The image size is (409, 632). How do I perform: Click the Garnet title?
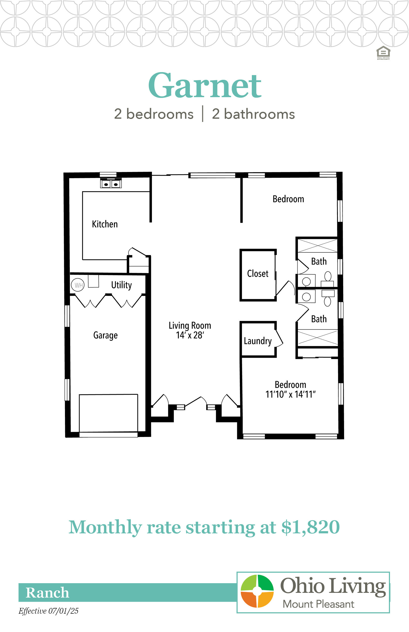(205, 86)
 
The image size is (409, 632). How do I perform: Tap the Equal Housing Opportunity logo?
(383, 53)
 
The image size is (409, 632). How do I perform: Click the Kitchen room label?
(105, 224)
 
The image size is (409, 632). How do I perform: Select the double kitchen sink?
(111, 184)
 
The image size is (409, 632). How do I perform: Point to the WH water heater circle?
(78, 285)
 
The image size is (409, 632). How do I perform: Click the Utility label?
(121, 285)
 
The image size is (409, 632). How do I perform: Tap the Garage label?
(105, 335)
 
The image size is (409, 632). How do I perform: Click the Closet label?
(258, 274)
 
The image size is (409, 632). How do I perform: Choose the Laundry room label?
(258, 341)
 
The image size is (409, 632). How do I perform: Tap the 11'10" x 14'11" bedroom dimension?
(291, 394)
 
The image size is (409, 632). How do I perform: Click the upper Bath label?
(319, 261)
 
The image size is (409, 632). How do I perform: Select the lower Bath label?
(319, 319)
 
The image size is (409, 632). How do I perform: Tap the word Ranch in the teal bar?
(47, 592)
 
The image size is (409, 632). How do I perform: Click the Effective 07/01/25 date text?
(48, 611)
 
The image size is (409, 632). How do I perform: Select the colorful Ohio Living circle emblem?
(257, 591)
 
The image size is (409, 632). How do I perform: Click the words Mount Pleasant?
(319, 604)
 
